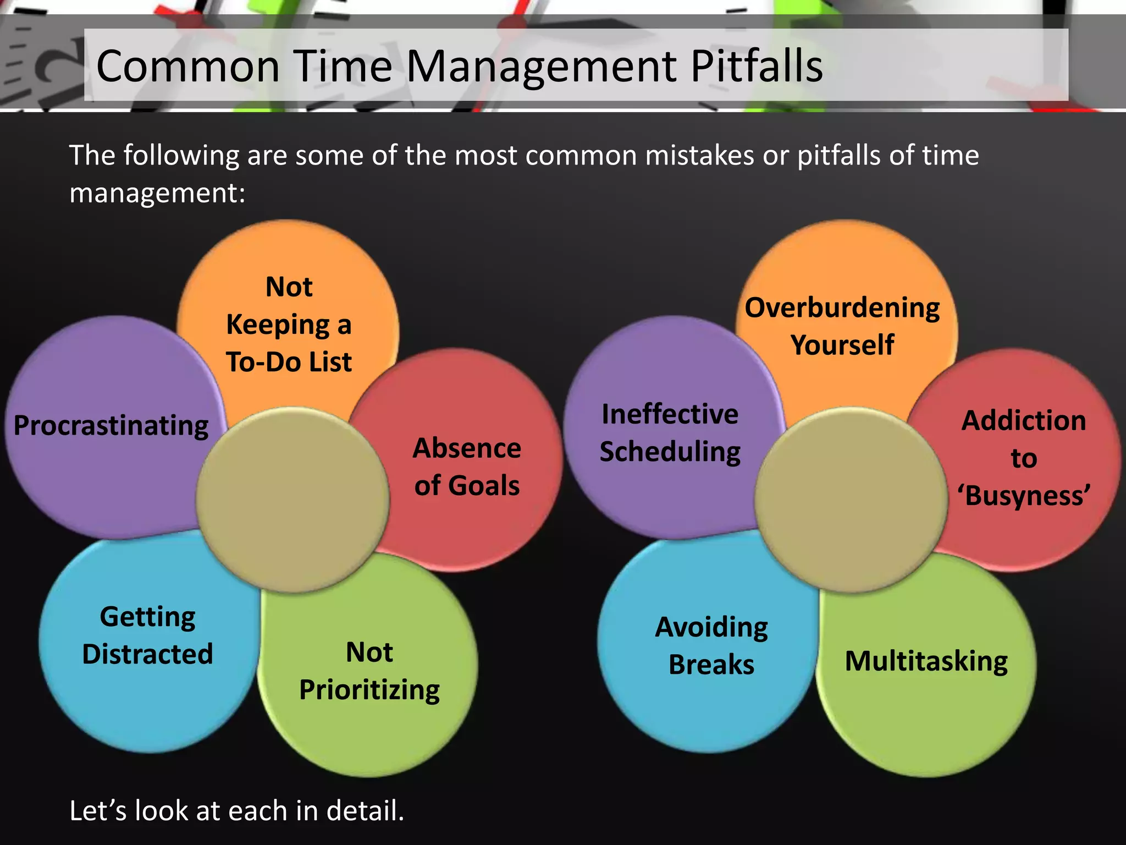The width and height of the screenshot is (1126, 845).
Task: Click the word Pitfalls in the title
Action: (757, 66)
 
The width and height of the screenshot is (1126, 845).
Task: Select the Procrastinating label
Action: (111, 425)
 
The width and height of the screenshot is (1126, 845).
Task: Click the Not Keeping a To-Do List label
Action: (289, 325)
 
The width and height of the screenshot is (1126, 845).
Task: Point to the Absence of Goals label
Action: (467, 467)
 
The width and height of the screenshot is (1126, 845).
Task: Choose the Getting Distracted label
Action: (147, 635)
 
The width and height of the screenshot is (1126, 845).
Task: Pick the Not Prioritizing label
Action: (369, 671)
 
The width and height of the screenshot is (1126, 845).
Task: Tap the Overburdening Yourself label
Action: (842, 326)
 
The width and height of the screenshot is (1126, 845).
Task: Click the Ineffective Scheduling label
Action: (670, 432)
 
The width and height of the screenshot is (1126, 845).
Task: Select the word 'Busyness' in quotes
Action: (1024, 495)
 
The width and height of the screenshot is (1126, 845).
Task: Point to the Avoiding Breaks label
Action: (711, 645)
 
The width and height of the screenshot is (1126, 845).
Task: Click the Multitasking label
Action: (926, 661)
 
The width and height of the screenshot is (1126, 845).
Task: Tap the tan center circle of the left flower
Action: (292, 500)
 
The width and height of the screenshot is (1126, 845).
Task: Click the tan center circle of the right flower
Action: (851, 500)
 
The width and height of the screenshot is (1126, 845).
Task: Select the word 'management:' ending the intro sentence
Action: (157, 193)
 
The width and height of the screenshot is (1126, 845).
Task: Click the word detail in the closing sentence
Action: (365, 811)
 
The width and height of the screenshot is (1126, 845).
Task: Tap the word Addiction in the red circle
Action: (1024, 421)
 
